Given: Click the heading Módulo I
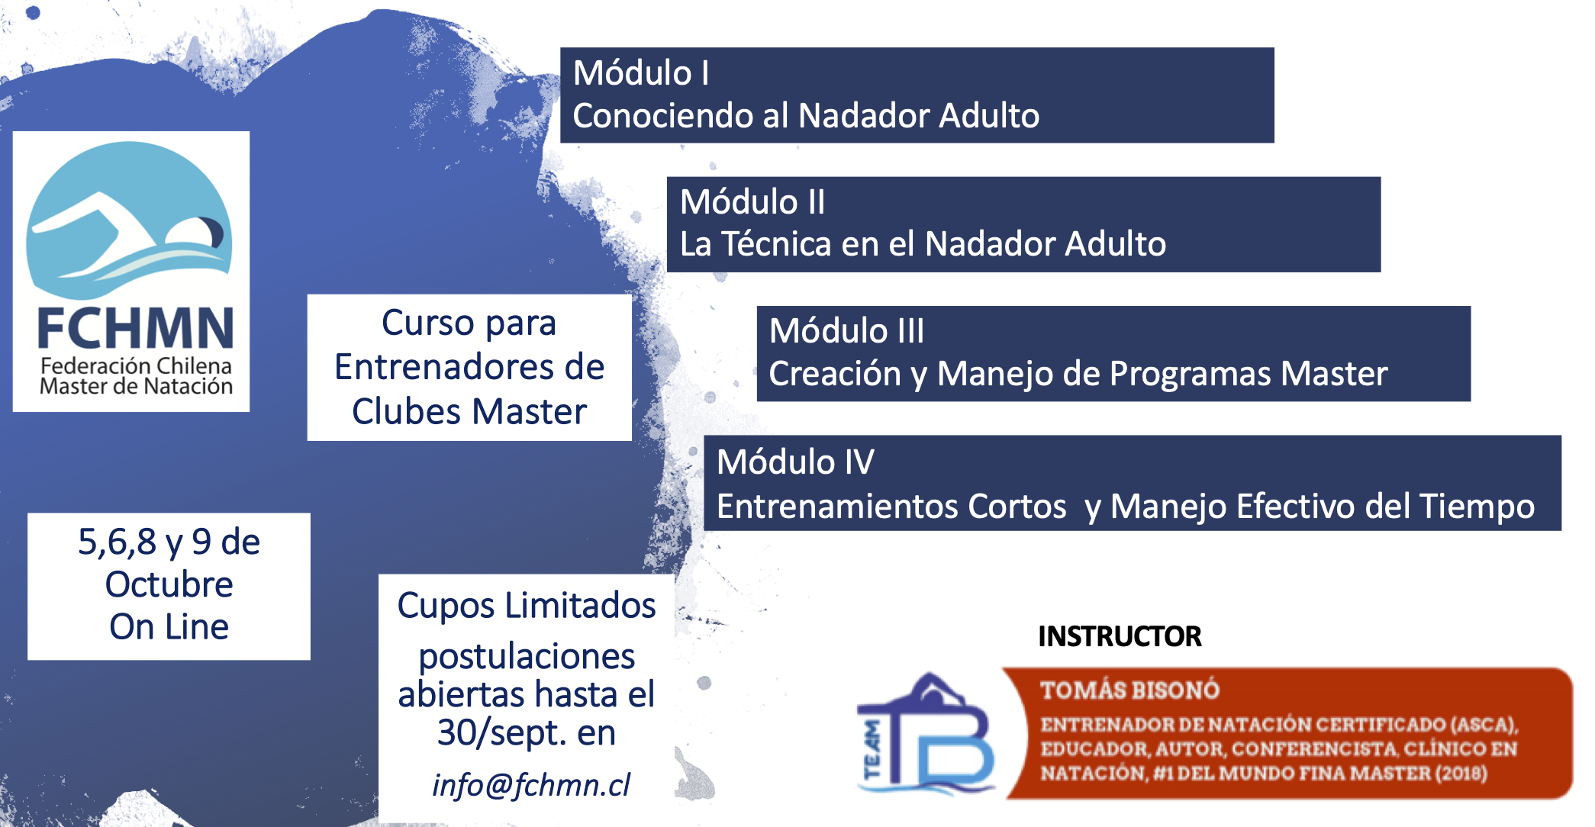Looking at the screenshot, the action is click(641, 73).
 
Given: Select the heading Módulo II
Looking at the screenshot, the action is click(752, 202).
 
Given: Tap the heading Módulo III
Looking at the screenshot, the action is click(846, 331).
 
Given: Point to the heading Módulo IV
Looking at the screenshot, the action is click(795, 462).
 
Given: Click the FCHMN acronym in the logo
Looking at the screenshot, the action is click(136, 329).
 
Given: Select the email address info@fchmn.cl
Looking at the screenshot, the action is click(531, 785).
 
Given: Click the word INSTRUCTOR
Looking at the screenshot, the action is click(1120, 636).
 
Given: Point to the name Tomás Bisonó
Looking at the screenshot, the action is click(1129, 690).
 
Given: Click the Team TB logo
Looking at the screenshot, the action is click(926, 733).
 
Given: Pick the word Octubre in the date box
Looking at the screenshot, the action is click(169, 585).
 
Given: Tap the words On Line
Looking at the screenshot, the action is click(169, 627).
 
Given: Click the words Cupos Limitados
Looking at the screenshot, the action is click(527, 606).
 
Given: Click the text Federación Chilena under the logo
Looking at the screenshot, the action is click(136, 366).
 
